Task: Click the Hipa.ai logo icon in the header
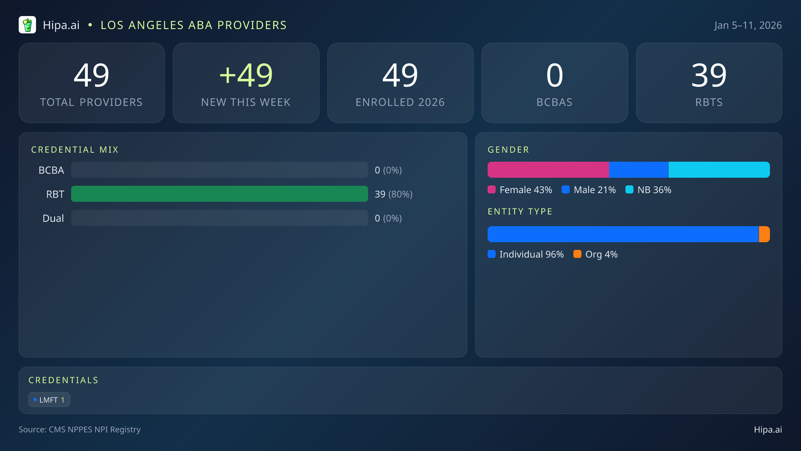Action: [x=27, y=25]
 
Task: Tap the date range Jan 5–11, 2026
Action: [x=748, y=25]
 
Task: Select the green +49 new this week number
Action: [x=246, y=75]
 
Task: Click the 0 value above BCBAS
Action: [x=554, y=75]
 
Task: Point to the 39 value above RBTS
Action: [x=709, y=75]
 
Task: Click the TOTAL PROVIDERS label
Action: [x=91, y=102]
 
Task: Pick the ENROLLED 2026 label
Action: [x=400, y=102]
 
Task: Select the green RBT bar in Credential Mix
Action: [x=219, y=194]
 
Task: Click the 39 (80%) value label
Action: [x=393, y=194]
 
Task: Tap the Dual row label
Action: [x=53, y=218]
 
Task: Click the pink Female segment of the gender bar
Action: [x=548, y=170]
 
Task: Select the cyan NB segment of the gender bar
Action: [x=719, y=170]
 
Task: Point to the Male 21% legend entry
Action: [x=589, y=190]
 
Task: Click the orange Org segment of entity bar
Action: [x=764, y=234]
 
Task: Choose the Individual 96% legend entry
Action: [x=526, y=254]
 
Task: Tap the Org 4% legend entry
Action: [x=595, y=254]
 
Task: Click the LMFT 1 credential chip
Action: [x=49, y=400]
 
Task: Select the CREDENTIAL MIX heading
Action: [x=75, y=150]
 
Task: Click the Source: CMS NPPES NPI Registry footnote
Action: [x=79, y=429]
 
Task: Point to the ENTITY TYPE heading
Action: [x=520, y=211]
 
